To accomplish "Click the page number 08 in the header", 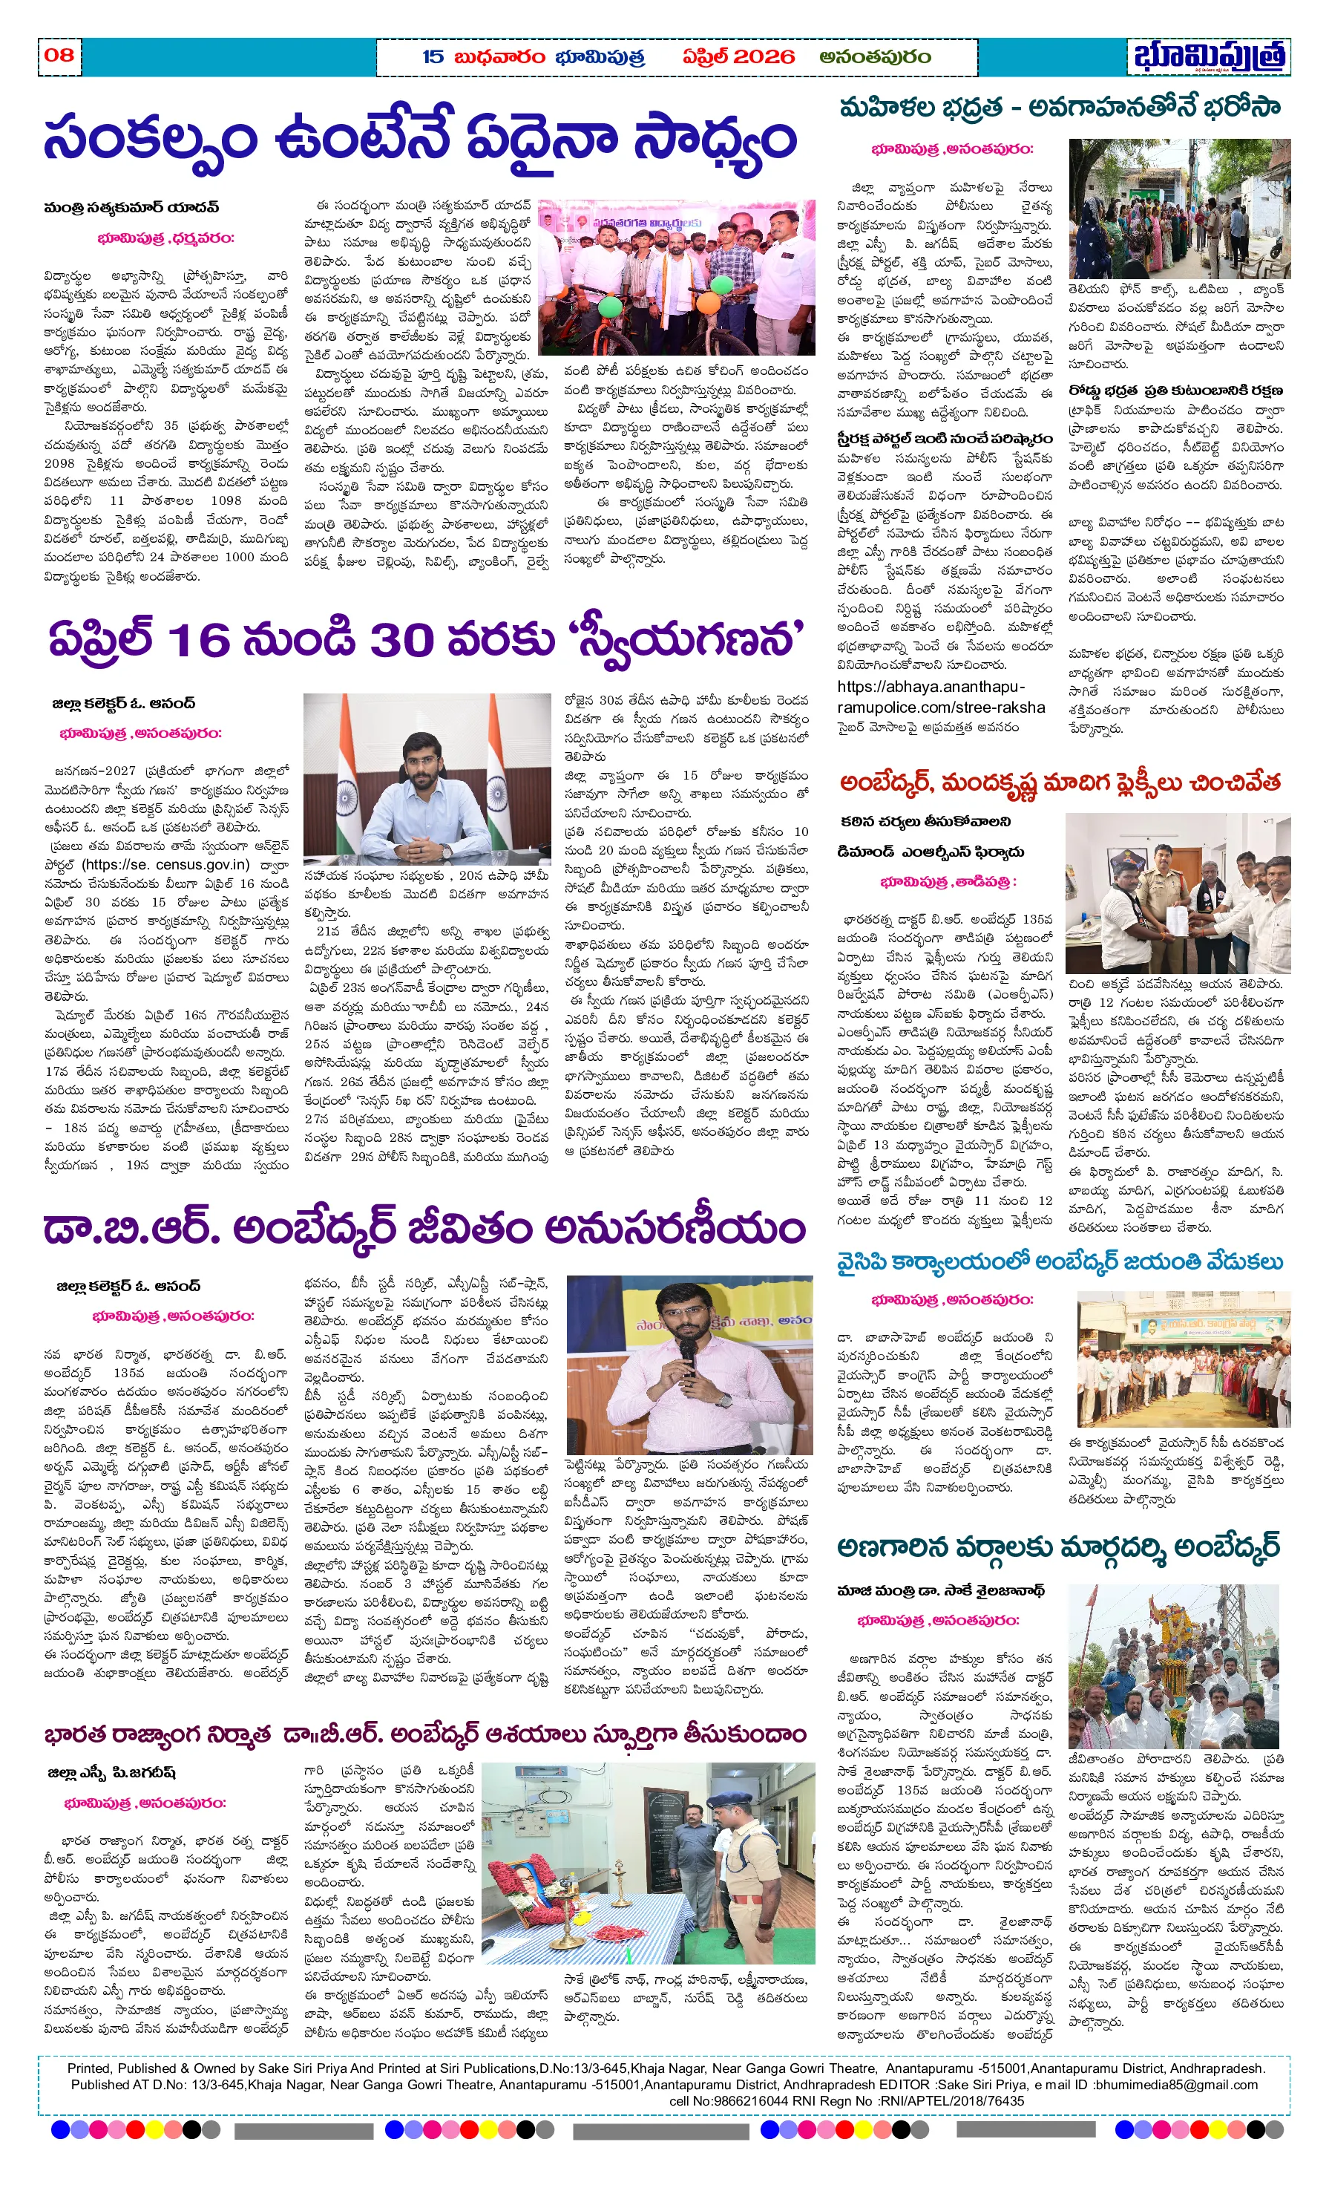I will (x=59, y=55).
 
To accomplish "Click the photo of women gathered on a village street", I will (x=1178, y=209).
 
